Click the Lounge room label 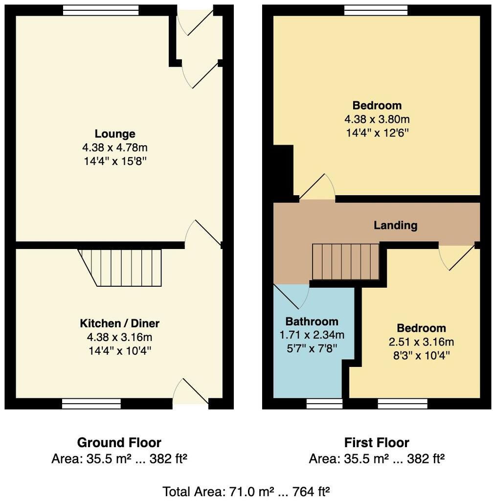[x=115, y=134]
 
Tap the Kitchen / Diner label [x=119, y=323]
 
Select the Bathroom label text [x=312, y=321]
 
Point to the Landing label [x=395, y=226]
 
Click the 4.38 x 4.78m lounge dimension [x=115, y=148]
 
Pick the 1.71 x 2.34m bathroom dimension [x=312, y=335]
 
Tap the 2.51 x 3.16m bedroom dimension [x=421, y=342]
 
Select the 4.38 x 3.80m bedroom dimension [x=377, y=119]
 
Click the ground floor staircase [x=120, y=268]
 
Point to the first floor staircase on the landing [x=345, y=262]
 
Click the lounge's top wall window [x=101, y=11]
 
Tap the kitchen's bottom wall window [x=91, y=404]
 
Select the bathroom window [x=324, y=404]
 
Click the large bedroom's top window [x=376, y=11]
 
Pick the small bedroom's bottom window [x=403, y=404]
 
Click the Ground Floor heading [x=119, y=443]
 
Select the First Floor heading [x=377, y=443]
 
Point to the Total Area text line [x=246, y=491]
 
